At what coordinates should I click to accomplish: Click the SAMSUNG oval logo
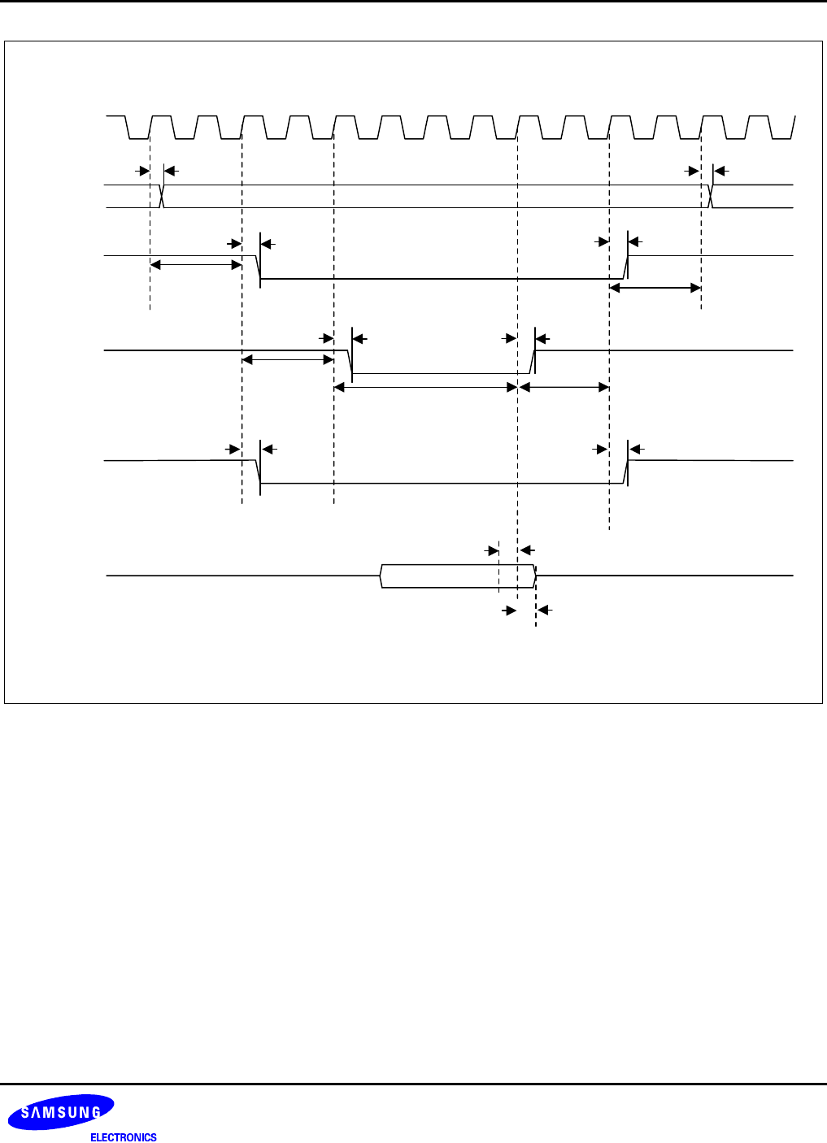[61, 1112]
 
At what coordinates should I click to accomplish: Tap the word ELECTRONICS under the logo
[124, 1137]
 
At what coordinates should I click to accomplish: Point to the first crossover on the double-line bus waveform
[163, 196]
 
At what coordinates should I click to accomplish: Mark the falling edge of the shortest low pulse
[350, 363]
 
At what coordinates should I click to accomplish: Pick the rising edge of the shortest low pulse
[533, 363]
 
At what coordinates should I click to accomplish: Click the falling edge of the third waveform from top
[259, 267]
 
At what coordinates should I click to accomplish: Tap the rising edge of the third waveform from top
[625, 267]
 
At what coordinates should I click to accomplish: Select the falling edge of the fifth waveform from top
[259, 472]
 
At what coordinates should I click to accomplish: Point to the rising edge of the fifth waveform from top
[625, 472]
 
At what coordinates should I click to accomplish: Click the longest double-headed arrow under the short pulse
[426, 388]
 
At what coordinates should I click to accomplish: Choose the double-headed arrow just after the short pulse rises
[564, 388]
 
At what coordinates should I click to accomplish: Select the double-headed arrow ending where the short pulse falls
[288, 359]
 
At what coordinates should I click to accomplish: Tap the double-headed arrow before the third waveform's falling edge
[196, 264]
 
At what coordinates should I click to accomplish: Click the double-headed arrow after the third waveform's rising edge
[655, 288]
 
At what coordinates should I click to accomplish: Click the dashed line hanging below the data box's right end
[535, 610]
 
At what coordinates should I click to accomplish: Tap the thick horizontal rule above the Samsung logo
[413, 1084]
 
